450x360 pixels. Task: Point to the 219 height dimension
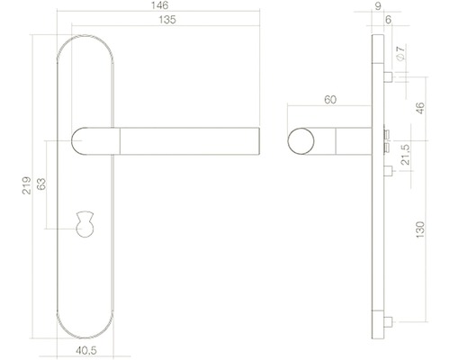[29, 184]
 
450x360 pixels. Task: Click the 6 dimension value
[386, 19]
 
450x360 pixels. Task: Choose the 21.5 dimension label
[405, 155]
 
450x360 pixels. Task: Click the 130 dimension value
[418, 232]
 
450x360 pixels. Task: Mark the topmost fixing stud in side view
[386, 78]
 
